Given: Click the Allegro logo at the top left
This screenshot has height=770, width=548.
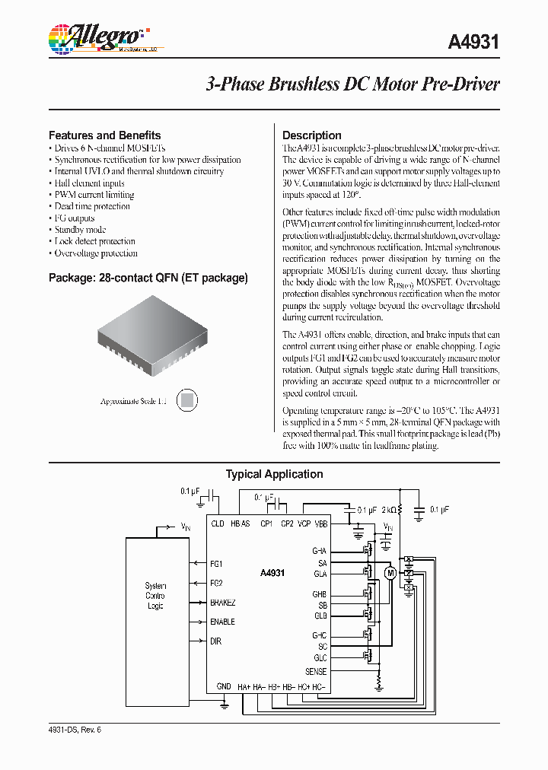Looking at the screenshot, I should (x=95, y=39).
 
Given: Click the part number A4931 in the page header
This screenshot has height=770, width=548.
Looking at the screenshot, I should (x=473, y=42).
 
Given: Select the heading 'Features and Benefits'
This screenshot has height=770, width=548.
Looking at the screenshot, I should (x=104, y=135).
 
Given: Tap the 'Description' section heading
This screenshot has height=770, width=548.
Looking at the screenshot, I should (x=311, y=135).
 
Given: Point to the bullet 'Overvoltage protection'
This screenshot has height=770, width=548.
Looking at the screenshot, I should (x=96, y=253).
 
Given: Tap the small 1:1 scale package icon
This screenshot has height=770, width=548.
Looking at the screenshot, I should (x=188, y=400).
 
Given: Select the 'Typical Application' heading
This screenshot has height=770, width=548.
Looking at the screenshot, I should (x=274, y=474).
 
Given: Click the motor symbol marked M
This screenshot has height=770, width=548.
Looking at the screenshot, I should (x=390, y=573).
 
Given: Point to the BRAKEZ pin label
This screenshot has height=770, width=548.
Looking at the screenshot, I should (x=223, y=603).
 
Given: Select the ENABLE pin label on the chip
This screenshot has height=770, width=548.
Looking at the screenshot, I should (x=222, y=622).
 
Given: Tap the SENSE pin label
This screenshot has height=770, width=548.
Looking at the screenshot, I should (x=316, y=672).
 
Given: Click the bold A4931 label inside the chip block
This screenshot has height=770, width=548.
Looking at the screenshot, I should (x=272, y=573).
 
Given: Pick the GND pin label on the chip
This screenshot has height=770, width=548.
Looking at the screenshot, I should (x=224, y=686).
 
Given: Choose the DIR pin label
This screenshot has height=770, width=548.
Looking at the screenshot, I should (x=215, y=641).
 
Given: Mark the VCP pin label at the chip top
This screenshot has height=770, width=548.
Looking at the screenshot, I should (x=304, y=523).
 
